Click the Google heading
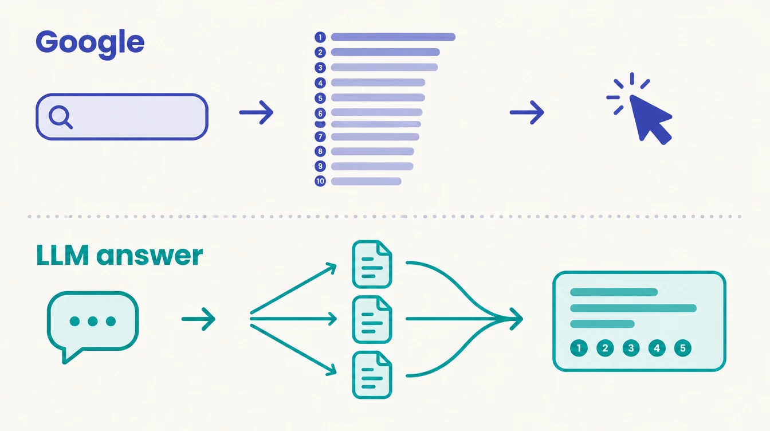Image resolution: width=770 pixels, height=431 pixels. (90, 44)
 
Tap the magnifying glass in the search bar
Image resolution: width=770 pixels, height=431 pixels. (61, 117)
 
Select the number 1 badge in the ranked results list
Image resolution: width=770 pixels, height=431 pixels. (320, 37)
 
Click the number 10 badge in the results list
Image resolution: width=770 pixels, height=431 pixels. (320, 181)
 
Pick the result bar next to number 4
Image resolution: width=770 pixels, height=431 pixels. (378, 83)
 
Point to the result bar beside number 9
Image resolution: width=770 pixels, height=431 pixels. (372, 166)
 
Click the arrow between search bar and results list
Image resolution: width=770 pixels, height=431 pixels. (256, 112)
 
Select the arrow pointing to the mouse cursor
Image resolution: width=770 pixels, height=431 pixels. (527, 112)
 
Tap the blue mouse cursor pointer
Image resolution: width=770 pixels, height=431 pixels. (650, 119)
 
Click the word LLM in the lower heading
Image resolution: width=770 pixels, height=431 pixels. (62, 255)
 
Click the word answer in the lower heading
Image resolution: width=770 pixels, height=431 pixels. (150, 256)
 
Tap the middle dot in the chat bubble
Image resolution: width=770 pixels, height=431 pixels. (92, 322)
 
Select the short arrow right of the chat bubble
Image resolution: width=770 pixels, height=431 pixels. (198, 319)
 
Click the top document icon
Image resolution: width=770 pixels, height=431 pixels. (372, 264)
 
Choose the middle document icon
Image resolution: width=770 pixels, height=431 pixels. (372, 319)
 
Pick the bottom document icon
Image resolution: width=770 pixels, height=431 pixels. (372, 375)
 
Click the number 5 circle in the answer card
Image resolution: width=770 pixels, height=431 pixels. (683, 348)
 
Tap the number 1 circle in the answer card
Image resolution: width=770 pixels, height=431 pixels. (579, 348)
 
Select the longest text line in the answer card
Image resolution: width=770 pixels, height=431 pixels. (633, 308)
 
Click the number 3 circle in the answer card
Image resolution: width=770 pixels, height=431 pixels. (631, 348)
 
